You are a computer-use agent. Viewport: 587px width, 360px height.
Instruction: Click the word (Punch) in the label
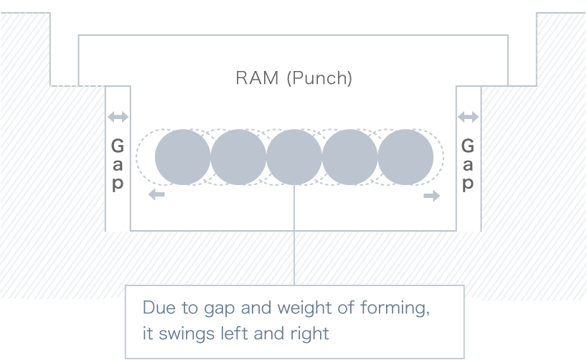click(319, 78)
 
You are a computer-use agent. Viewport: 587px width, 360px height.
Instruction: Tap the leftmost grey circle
click(183, 157)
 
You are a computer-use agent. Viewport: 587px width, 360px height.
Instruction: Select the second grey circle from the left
click(238, 157)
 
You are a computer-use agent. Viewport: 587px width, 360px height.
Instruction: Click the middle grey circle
click(294, 157)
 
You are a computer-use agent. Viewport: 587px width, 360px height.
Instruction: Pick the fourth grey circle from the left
click(350, 157)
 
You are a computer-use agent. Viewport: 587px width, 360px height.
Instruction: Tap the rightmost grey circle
click(405, 157)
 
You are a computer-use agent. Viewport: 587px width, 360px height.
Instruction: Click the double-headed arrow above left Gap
click(118, 117)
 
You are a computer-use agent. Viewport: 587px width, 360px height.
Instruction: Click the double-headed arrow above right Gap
click(468, 117)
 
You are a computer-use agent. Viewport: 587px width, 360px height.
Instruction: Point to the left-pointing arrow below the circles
click(156, 195)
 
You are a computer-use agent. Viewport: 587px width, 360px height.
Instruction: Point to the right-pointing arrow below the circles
click(431, 195)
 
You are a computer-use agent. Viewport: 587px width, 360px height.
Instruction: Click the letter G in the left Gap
click(118, 146)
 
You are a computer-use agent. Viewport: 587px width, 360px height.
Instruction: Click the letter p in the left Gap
click(118, 184)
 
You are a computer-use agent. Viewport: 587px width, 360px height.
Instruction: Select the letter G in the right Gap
click(468, 146)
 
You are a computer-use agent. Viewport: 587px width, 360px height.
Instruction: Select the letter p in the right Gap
click(468, 184)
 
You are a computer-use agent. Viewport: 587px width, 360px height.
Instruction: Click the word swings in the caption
click(183, 333)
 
